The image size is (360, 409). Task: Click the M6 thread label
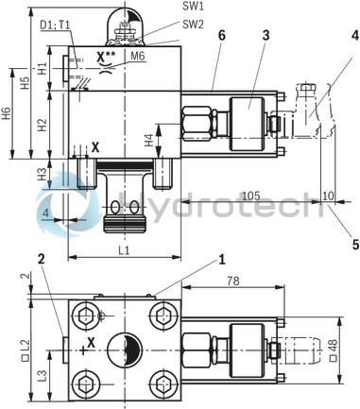pos(138,57)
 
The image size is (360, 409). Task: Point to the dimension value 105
pos(250,196)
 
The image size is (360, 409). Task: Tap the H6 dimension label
pos(7,114)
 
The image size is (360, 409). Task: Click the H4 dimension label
pos(149,140)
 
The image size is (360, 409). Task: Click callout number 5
pos(354,244)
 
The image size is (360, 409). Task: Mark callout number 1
pos(222,257)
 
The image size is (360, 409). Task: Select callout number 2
pos(42,258)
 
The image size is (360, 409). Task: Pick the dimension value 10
pos(329,196)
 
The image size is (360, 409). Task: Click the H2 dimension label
pos(42,125)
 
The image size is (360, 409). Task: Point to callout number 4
pos(354,36)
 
